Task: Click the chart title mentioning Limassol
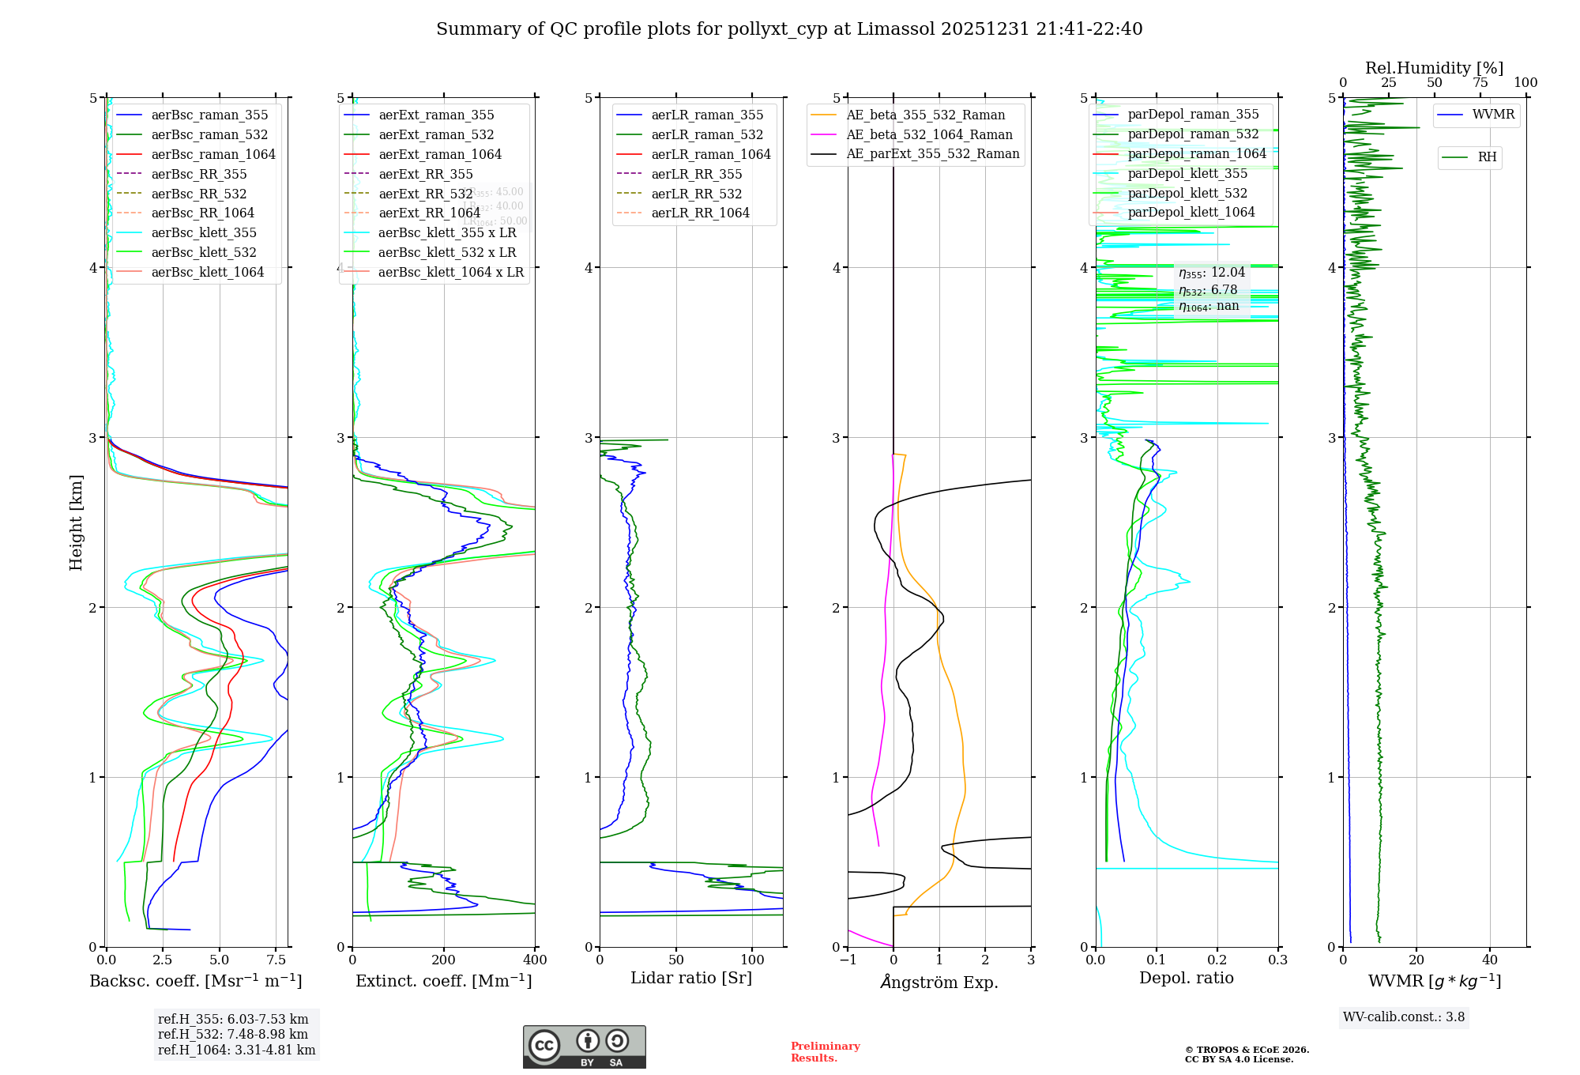pyautogui.click(x=789, y=29)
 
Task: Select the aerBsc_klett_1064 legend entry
pyautogui.click(x=207, y=272)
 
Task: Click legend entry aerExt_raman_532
pyautogui.click(x=436, y=134)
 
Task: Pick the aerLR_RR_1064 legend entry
pyautogui.click(x=700, y=213)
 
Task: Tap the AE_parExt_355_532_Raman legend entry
pyautogui.click(x=932, y=153)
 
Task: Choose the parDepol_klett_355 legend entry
pyautogui.click(x=1187, y=173)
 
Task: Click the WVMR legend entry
pyautogui.click(x=1493, y=115)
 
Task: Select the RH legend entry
pyautogui.click(x=1487, y=157)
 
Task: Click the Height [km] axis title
pyautogui.click(x=76, y=522)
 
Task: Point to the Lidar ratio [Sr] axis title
pyautogui.click(x=691, y=978)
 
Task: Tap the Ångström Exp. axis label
pyautogui.click(x=939, y=982)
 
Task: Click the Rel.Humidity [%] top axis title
pyautogui.click(x=1434, y=68)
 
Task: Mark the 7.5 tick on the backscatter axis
pyautogui.click(x=276, y=960)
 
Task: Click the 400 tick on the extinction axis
pyautogui.click(x=535, y=960)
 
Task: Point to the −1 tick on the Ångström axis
pyautogui.click(x=848, y=960)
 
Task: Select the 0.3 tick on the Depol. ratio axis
pyautogui.click(x=1277, y=960)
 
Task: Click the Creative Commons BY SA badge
pyautogui.click(x=584, y=1047)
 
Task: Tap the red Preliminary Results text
pyautogui.click(x=825, y=1051)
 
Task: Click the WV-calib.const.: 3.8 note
pyautogui.click(x=1404, y=1017)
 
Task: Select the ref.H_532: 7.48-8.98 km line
pyautogui.click(x=232, y=1034)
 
